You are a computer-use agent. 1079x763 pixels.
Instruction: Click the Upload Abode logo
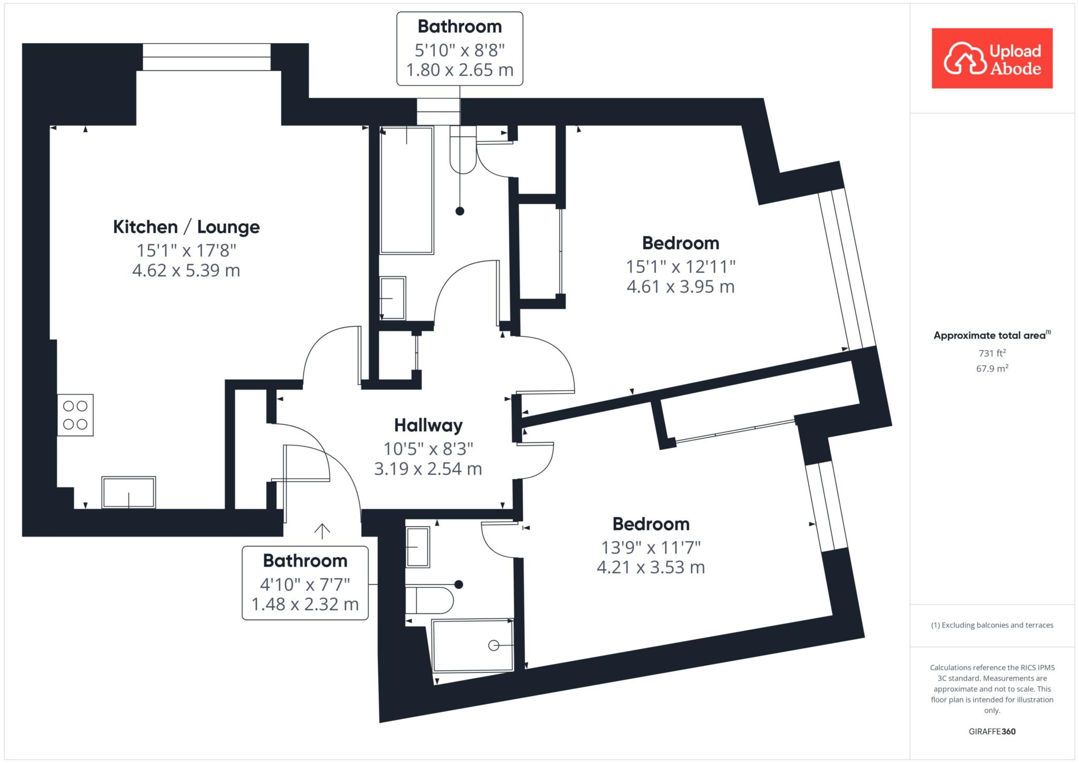click(992, 58)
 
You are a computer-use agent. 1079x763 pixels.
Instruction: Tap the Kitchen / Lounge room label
click(187, 227)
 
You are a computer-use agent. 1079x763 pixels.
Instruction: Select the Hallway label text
click(428, 425)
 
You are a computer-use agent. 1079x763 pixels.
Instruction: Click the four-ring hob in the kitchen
click(75, 415)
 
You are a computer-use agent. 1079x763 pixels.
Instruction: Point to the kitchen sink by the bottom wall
click(129, 492)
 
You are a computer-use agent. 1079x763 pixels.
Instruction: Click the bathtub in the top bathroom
click(407, 190)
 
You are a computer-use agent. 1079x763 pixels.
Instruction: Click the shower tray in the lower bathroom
click(473, 645)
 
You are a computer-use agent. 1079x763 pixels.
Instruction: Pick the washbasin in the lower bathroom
click(418, 547)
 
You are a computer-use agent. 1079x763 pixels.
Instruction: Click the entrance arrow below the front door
click(322, 531)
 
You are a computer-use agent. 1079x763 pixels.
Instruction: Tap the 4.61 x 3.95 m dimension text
click(681, 287)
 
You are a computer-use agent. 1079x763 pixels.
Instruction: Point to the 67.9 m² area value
click(992, 369)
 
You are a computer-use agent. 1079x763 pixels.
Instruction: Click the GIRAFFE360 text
click(992, 731)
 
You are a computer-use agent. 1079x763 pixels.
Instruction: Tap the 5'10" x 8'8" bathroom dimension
click(460, 51)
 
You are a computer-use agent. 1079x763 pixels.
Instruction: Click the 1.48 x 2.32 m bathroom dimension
click(305, 605)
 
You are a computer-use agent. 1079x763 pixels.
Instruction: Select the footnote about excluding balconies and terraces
click(992, 626)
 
